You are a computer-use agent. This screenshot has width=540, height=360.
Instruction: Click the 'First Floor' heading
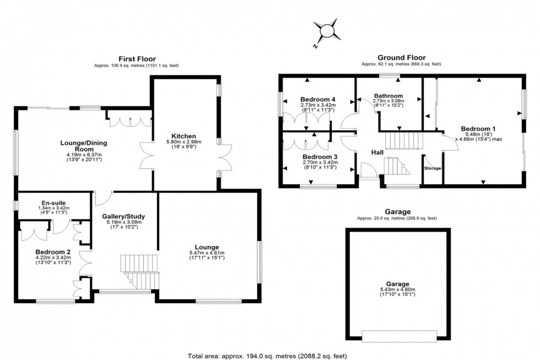pyautogui.click(x=137, y=58)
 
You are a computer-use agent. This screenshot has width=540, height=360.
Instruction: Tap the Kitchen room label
pyautogui.click(x=183, y=136)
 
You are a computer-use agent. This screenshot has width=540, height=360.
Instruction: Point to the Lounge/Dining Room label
pyautogui.click(x=84, y=146)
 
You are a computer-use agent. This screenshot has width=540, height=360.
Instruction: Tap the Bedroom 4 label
pyautogui.click(x=318, y=99)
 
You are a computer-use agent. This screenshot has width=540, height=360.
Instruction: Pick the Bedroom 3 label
pyautogui.click(x=319, y=157)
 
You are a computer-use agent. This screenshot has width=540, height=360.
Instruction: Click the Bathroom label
pyautogui.click(x=388, y=95)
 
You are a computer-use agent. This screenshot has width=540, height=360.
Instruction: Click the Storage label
pyautogui.click(x=433, y=168)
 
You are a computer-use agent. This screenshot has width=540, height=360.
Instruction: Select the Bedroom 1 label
pyautogui.click(x=478, y=129)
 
